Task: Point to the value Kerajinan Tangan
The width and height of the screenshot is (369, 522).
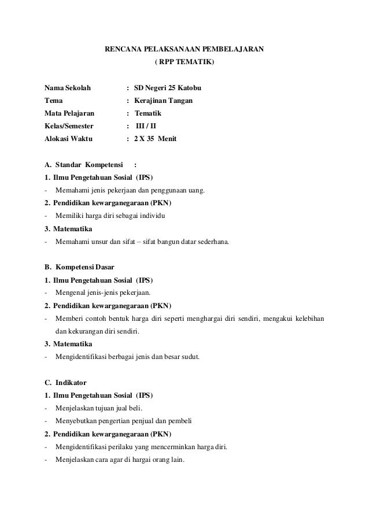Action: click(x=164, y=101)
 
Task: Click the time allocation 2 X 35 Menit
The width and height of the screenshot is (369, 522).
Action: click(x=156, y=139)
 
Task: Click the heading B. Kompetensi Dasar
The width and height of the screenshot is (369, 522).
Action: click(x=79, y=268)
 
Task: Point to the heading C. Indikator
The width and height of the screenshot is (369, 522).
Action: click(x=65, y=383)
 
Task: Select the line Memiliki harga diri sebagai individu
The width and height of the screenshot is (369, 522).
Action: click(x=110, y=216)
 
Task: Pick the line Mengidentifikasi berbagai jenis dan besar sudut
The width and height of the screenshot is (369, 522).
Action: click(x=127, y=357)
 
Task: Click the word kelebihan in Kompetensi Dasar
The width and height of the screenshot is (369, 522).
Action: click(x=307, y=319)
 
